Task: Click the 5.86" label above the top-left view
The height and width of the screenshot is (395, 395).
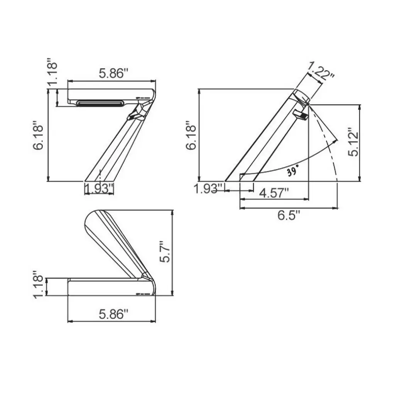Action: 113,73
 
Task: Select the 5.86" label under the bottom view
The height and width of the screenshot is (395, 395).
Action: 113,314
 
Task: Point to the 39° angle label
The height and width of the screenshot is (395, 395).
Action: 293,172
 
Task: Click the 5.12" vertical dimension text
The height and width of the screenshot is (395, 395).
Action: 353,142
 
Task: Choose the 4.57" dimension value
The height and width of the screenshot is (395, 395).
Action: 274,194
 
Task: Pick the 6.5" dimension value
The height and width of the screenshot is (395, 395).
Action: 289,215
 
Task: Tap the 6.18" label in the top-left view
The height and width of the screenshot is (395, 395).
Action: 38,135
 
